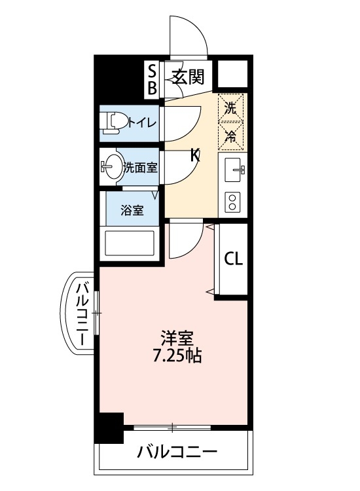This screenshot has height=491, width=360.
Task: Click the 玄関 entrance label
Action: [x=188, y=78]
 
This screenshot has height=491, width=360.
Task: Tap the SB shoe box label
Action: [x=152, y=78]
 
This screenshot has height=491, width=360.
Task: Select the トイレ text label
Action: [x=141, y=122]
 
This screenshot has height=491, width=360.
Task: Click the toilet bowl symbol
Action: [x=114, y=122]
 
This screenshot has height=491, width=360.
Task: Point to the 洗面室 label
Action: [x=140, y=168]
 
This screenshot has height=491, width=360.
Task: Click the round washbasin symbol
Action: [x=113, y=167]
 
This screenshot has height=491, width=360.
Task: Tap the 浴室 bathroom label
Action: [x=132, y=210]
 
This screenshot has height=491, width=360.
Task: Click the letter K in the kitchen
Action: [x=194, y=155]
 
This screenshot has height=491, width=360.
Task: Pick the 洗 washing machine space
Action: [x=230, y=108]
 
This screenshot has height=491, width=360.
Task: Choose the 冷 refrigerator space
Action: [x=230, y=136]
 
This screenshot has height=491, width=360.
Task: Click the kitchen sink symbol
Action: [x=234, y=172]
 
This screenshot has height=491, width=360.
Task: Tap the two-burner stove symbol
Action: [x=233, y=201]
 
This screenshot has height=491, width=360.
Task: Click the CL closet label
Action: [x=234, y=259]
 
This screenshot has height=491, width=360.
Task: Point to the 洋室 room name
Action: [x=177, y=340]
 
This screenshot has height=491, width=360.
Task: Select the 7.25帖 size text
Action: [x=177, y=357]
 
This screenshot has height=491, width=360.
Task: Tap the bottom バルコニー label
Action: [x=177, y=452]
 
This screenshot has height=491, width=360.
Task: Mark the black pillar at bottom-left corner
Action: [x=109, y=427]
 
